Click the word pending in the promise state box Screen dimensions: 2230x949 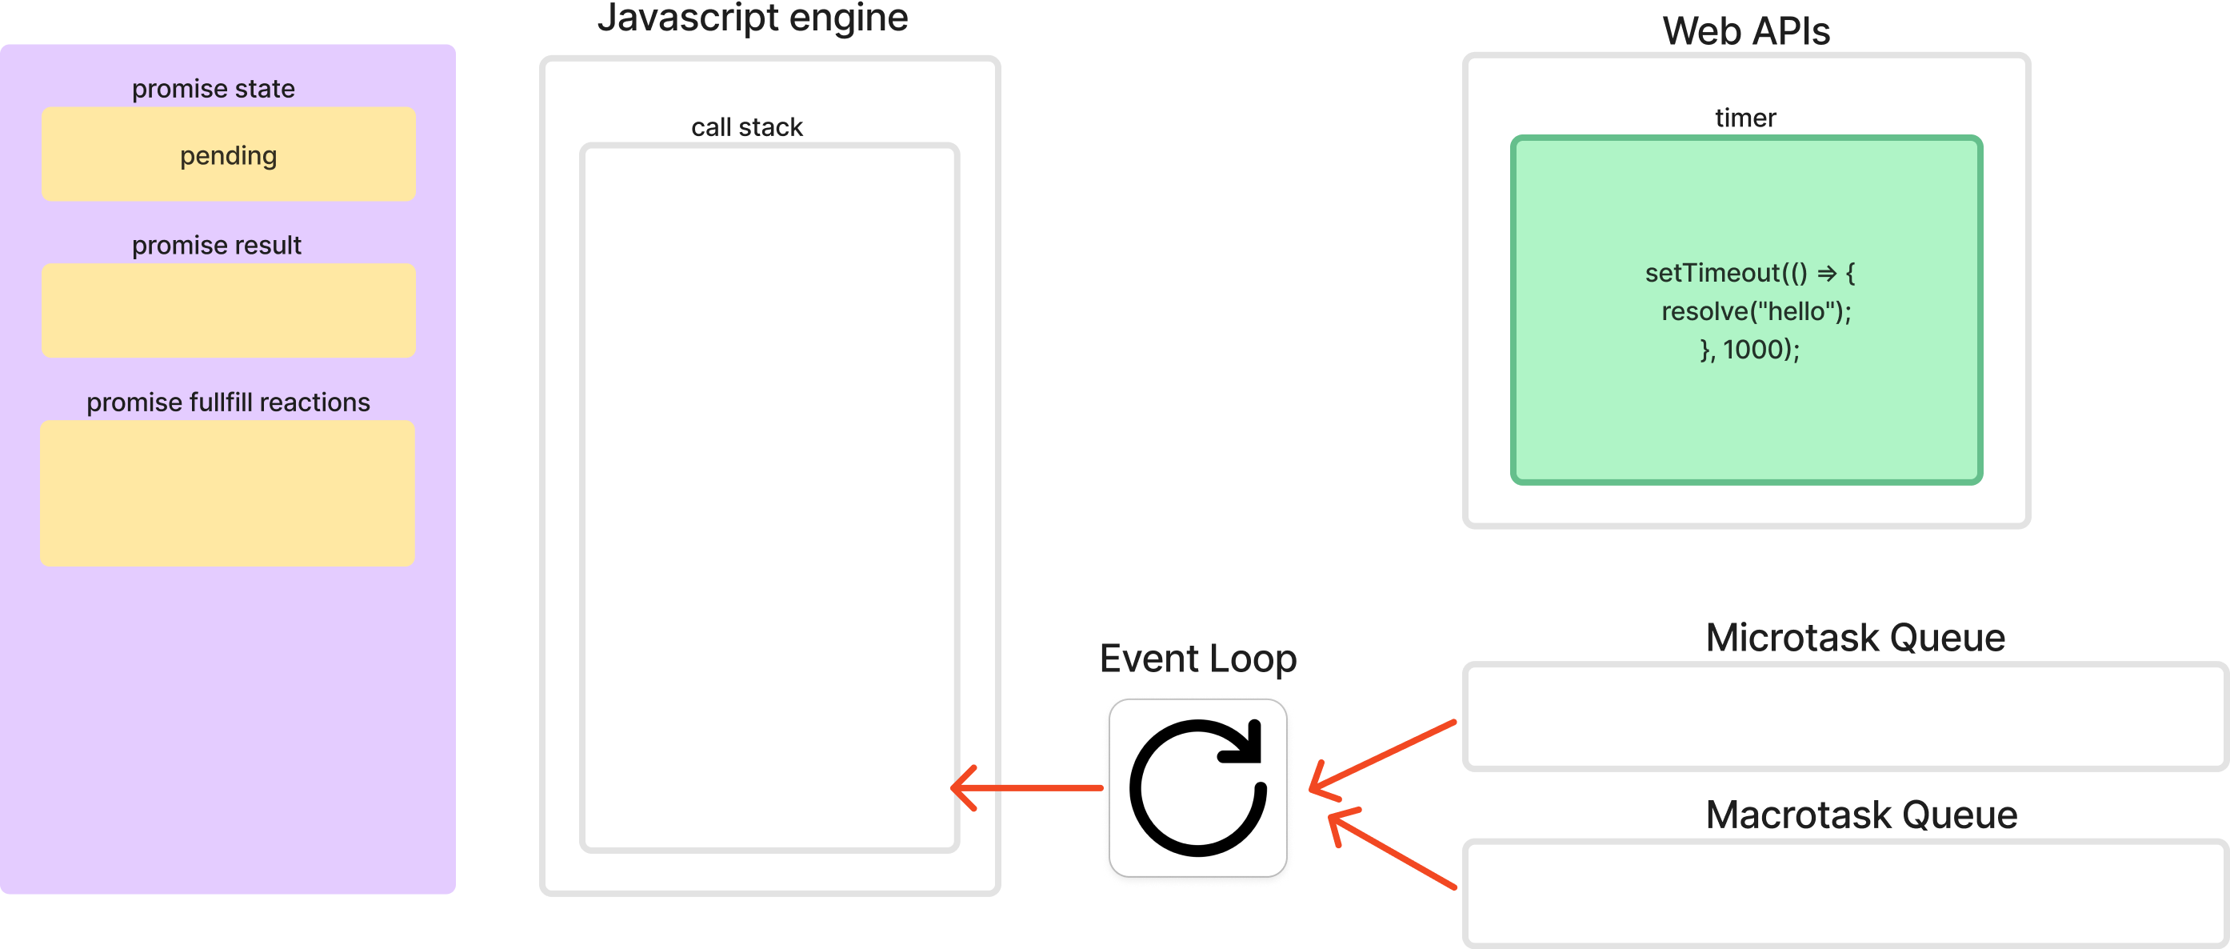(x=229, y=156)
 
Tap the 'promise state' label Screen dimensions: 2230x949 (x=213, y=88)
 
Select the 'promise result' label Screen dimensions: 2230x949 (x=217, y=245)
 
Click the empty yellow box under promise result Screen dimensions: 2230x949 (x=229, y=310)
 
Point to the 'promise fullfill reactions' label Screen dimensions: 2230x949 (x=228, y=402)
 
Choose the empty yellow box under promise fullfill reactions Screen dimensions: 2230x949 (x=228, y=493)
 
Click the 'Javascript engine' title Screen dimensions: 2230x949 (x=753, y=18)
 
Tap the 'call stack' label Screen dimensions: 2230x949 (x=746, y=127)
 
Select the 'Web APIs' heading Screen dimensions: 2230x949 (x=1746, y=31)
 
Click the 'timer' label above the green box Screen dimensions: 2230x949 (x=1745, y=118)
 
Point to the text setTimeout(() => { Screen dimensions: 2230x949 (x=1749, y=273)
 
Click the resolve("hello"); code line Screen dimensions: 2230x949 (x=1756, y=310)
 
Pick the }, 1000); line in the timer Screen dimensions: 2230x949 (x=1749, y=349)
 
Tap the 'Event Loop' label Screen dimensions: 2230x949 (x=1197, y=658)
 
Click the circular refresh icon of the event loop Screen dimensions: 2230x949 (x=1198, y=788)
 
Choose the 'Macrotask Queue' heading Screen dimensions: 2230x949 (x=1860, y=815)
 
